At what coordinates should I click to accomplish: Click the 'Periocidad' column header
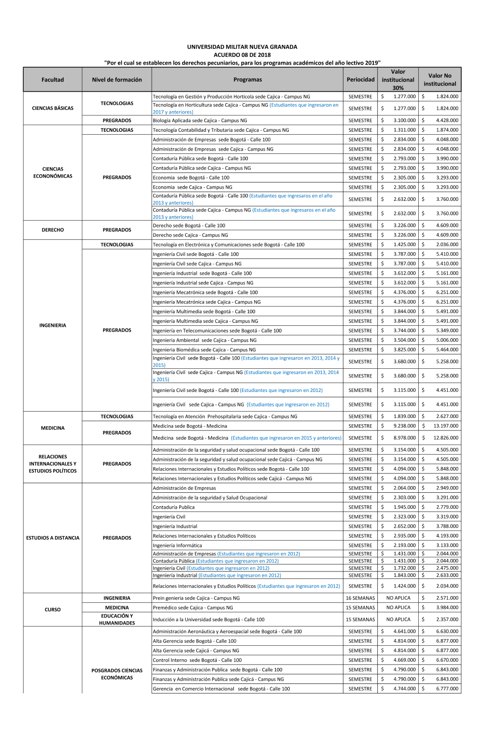(360, 80)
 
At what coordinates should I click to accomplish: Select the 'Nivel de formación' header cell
(117, 80)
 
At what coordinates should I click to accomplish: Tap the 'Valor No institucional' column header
(440, 80)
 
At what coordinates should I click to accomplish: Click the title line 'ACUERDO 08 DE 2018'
(242, 55)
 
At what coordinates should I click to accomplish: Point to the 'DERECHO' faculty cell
(53, 230)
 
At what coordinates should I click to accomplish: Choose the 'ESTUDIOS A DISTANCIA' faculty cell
(53, 538)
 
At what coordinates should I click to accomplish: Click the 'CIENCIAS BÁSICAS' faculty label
(53, 108)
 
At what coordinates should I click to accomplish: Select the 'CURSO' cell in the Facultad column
(53, 610)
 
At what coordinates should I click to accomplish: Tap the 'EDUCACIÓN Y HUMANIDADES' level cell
(117, 619)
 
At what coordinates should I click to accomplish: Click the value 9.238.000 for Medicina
(404, 426)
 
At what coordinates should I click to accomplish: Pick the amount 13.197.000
(446, 426)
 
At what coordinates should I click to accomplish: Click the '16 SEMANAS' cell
(360, 598)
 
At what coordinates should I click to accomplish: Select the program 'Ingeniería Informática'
(177, 545)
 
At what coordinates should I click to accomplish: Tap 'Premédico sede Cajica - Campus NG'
(193, 608)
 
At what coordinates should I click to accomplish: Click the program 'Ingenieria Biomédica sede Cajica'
(204, 350)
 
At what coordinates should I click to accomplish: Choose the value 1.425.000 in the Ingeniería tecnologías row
(404, 245)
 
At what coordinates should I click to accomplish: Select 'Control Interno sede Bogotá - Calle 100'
(197, 660)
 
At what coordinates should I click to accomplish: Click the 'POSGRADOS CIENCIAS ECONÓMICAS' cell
(117, 674)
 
